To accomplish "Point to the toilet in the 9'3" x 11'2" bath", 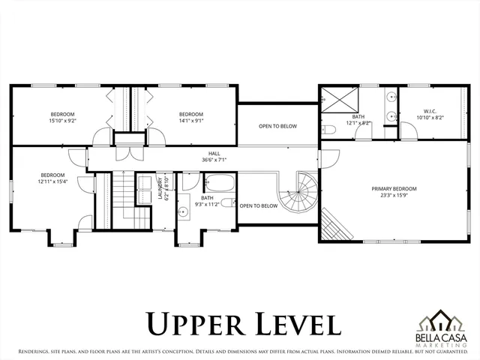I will [x=228, y=203].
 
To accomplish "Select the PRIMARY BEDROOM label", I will [x=394, y=188].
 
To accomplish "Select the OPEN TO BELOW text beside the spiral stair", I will [x=257, y=205].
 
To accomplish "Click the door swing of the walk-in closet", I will [x=409, y=133].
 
